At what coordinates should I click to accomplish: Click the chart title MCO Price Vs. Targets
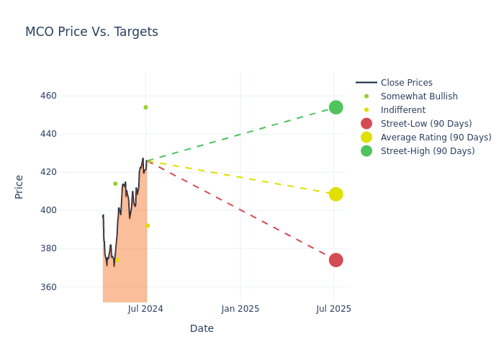point(91,32)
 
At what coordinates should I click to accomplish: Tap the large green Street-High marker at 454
point(336,107)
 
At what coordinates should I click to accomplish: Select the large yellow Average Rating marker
point(336,194)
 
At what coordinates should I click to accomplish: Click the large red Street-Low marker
point(336,260)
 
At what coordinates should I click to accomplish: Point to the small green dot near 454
point(145,107)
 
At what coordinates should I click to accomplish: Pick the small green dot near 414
point(115,184)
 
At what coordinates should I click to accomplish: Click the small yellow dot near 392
point(148,225)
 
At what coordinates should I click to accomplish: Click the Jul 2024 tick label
point(145,309)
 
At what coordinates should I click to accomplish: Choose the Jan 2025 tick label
point(240,309)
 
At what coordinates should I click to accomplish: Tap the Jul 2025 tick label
point(334,309)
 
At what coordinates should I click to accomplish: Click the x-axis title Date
point(202,329)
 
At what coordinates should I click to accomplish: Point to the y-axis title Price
point(19,186)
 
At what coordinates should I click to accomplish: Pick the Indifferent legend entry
point(402,110)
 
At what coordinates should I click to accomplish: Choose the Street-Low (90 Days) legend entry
point(426,124)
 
